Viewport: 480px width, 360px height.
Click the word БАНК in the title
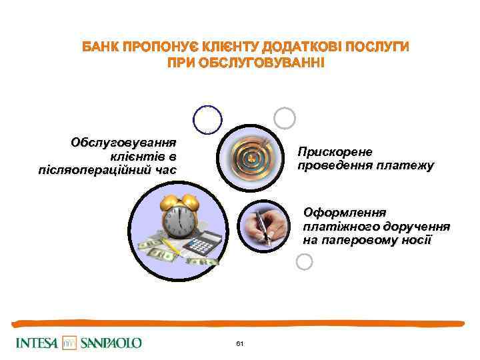(100, 48)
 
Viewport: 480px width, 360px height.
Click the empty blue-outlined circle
(207, 120)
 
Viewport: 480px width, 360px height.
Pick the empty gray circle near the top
(285, 118)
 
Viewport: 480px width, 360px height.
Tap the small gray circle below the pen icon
(303, 261)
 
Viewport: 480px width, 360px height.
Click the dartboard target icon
(252, 157)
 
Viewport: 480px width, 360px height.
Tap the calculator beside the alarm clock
(200, 244)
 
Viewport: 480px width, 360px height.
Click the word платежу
(409, 165)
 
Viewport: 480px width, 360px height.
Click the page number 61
(240, 343)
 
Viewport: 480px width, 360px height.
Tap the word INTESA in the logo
(37, 343)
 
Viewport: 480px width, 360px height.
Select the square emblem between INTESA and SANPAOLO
(69, 343)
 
